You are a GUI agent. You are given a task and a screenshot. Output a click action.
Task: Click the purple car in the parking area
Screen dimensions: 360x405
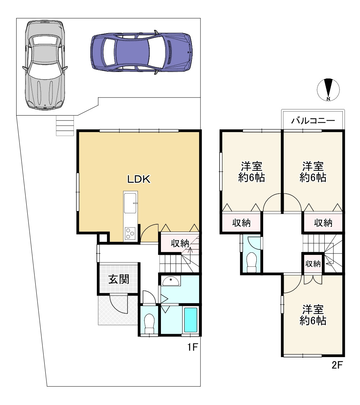point(141,52)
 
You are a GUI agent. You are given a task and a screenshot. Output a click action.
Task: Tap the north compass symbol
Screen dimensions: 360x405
point(328,90)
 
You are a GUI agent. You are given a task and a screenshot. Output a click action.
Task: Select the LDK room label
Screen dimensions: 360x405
point(139,179)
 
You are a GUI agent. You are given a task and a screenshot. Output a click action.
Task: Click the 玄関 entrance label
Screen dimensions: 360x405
point(118,279)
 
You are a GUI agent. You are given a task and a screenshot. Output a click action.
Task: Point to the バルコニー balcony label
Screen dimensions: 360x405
point(313,120)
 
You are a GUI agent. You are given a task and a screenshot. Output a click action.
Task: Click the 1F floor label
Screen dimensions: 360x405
point(192,347)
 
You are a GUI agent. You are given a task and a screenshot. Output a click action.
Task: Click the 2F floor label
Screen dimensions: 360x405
point(337,365)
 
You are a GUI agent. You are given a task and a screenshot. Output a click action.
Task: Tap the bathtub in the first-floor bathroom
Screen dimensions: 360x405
point(191,320)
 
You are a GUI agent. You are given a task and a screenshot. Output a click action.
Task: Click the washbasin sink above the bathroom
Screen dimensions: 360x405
point(171,281)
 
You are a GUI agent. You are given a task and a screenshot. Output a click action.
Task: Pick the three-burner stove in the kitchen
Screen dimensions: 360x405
point(130,234)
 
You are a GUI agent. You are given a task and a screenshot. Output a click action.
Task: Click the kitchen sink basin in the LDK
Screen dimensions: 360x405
point(130,203)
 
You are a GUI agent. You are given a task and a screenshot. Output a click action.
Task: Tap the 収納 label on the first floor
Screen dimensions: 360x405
point(180,243)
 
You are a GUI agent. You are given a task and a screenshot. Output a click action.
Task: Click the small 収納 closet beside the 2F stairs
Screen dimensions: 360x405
point(313,264)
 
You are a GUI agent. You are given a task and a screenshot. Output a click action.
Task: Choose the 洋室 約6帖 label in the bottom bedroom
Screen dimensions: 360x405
point(313,315)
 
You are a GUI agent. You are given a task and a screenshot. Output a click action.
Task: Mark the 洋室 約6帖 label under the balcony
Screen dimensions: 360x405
point(313,172)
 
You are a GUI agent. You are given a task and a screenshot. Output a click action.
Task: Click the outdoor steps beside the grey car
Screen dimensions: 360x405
point(65,126)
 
